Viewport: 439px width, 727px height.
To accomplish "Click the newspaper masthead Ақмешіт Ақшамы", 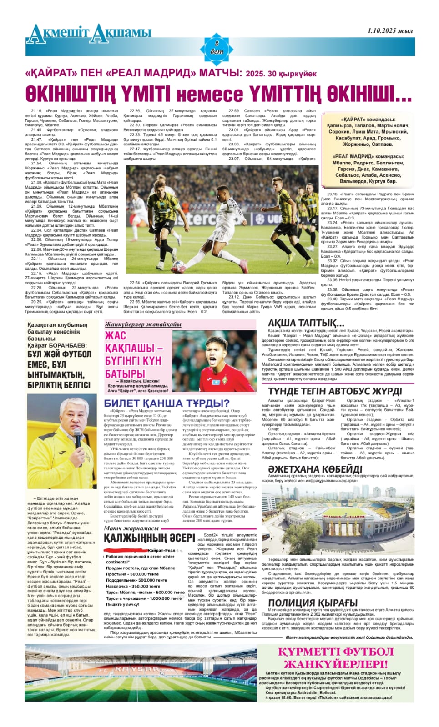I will click(x=89, y=33).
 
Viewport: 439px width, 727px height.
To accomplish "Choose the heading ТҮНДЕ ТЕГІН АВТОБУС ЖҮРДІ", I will click(x=334, y=391).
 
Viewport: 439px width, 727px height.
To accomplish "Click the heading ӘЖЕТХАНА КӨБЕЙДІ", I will click(x=315, y=469).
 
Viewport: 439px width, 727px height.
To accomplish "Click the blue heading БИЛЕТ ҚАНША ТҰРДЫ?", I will click(x=167, y=403).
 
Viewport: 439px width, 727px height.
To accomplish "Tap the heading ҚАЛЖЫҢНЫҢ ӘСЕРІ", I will click(x=149, y=538).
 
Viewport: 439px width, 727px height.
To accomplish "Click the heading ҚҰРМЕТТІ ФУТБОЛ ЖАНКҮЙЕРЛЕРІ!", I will click(x=336, y=657).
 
